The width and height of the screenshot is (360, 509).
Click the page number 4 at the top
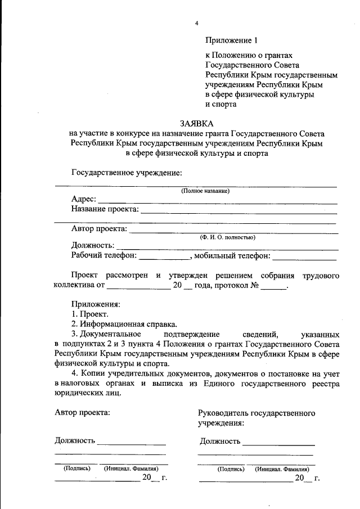point(197,23)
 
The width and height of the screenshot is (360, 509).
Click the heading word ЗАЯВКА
point(197,123)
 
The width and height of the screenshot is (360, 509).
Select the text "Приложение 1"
point(231,41)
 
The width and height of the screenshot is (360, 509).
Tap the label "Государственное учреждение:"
point(127,172)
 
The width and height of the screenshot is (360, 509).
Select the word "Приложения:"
point(96,304)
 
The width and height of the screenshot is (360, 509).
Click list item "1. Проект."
point(90,314)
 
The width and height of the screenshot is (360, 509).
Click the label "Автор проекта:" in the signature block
point(82,413)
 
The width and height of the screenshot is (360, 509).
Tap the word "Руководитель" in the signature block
point(223,413)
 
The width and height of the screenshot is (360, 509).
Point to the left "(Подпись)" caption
point(76,468)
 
